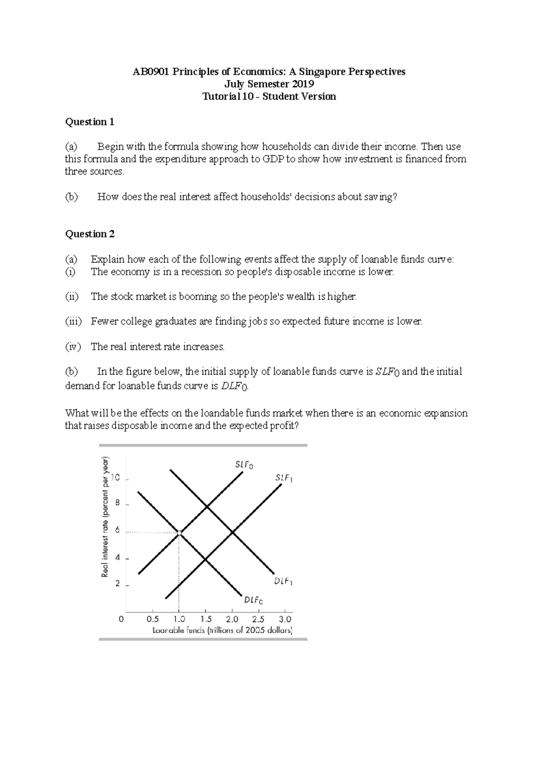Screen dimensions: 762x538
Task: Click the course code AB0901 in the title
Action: click(x=151, y=72)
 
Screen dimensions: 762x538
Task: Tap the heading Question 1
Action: click(x=90, y=122)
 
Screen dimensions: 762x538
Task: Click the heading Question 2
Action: click(x=90, y=234)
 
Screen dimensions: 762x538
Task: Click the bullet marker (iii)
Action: click(x=74, y=321)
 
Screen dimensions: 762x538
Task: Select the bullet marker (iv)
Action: click(x=73, y=346)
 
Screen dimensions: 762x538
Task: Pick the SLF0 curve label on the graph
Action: click(x=244, y=465)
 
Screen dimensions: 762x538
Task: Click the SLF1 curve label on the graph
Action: click(x=284, y=478)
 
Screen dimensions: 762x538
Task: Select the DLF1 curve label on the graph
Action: click(x=283, y=582)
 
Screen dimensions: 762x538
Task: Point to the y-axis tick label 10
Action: click(x=116, y=477)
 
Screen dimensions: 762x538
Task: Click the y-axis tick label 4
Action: click(x=118, y=558)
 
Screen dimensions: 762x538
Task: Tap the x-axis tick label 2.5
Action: click(x=258, y=619)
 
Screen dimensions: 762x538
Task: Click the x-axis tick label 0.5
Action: click(x=152, y=619)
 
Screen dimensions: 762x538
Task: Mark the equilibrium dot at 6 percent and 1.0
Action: click(x=179, y=533)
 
